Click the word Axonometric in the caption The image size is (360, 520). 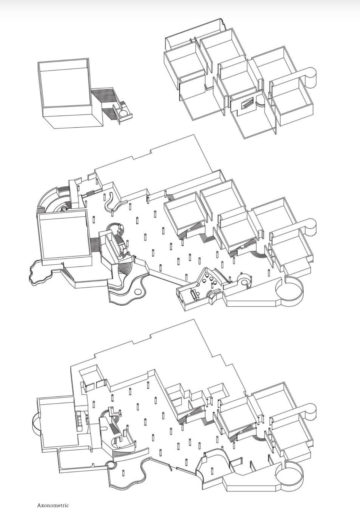coord(53,505)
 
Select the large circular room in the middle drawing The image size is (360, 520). coord(289,290)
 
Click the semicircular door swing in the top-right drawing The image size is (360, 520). coord(260,103)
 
